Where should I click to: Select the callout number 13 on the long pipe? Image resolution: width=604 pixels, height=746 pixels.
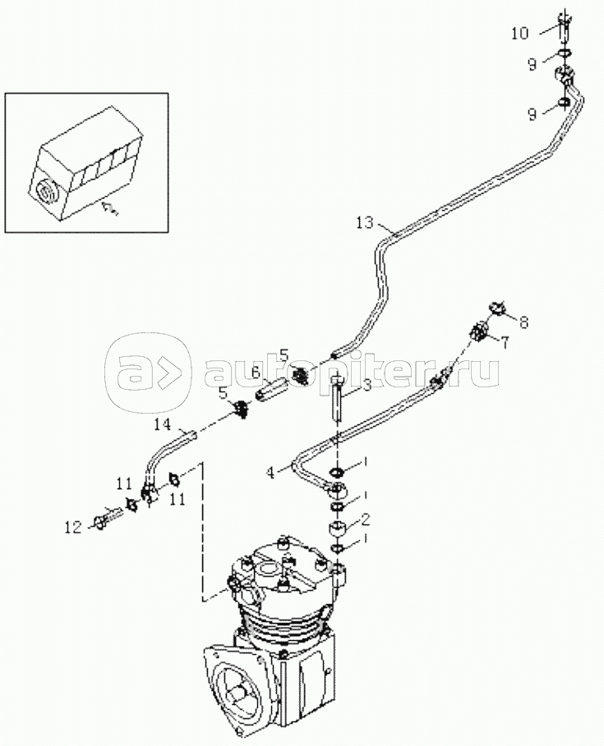[x=366, y=222]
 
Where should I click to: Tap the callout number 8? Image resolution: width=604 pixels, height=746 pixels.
[x=523, y=323]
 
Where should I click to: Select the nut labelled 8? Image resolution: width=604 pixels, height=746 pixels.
[x=496, y=309]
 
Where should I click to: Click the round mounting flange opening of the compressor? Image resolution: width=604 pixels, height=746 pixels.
[x=243, y=689]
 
